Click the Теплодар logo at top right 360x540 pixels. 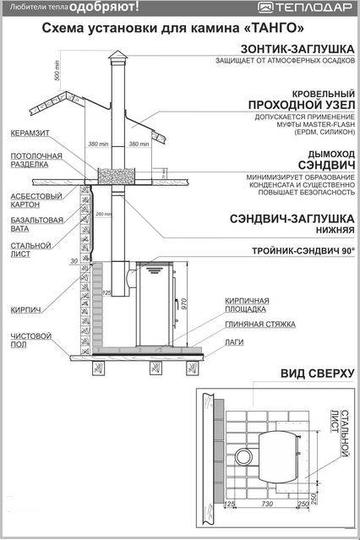point(305,7)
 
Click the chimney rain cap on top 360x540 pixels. point(117,57)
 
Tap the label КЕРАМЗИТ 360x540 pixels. point(30,133)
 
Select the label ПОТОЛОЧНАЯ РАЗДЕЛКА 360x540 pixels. point(36,160)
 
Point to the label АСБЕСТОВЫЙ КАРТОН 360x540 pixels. point(36,200)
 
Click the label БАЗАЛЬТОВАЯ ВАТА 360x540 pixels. point(37,225)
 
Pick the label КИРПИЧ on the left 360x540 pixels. point(25,310)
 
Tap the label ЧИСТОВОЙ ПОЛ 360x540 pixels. point(30,340)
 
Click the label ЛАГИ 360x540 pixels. point(234,342)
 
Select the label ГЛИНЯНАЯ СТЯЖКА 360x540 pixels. point(260,325)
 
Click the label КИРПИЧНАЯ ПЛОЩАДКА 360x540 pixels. point(247,305)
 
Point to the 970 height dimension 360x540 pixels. point(183,303)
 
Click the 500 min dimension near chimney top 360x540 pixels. point(57,71)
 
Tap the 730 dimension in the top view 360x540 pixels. point(267,504)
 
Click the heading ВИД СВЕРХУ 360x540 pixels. point(317,374)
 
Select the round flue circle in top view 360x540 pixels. point(244,456)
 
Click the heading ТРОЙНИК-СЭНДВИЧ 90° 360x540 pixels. point(303,251)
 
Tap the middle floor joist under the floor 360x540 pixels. point(155,368)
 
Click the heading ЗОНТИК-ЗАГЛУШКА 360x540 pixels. point(297,49)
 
